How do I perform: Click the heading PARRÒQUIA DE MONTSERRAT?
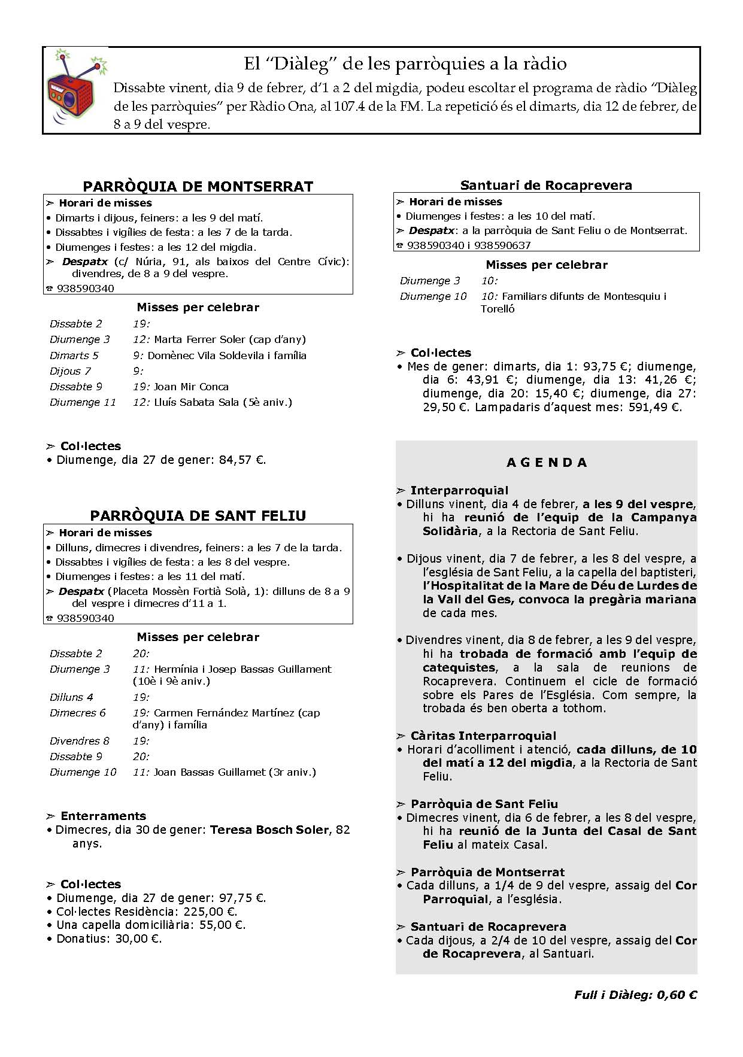pos(198,186)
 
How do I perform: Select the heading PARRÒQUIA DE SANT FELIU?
pos(198,516)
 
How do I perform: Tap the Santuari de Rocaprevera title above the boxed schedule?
pos(546,186)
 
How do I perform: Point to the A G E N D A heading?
pos(547,463)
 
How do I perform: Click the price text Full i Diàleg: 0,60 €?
pos(635,995)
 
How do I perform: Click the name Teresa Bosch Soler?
pos(269,830)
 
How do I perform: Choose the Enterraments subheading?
pos(103,816)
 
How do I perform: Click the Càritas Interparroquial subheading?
pos(483,736)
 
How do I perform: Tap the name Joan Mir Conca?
pos(191,387)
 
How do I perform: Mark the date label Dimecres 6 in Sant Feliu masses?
pos(78,713)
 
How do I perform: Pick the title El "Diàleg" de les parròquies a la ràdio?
pos(405,63)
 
